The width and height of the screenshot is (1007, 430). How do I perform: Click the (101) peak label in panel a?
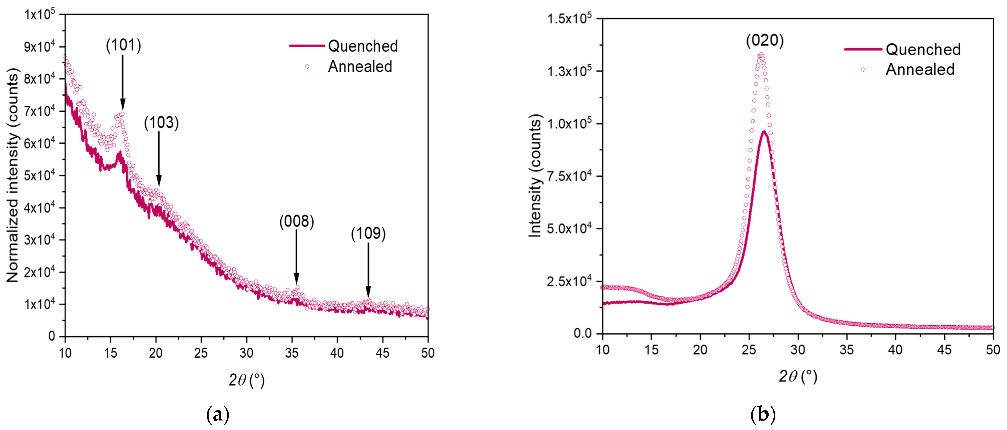click(x=124, y=45)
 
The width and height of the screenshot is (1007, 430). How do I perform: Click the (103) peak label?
click(x=161, y=123)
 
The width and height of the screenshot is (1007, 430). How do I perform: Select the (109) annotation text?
click(x=368, y=234)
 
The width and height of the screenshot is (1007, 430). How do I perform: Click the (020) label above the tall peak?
click(x=765, y=41)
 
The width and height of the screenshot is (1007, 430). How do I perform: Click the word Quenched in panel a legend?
click(x=363, y=46)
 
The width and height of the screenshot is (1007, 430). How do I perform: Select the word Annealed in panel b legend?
click(x=920, y=70)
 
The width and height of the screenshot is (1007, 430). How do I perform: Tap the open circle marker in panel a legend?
click(x=307, y=67)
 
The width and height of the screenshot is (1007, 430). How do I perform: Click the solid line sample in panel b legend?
click(x=863, y=49)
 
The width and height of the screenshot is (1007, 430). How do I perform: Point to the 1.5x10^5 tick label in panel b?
click(x=569, y=18)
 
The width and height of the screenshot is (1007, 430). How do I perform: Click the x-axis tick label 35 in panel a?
click(x=292, y=353)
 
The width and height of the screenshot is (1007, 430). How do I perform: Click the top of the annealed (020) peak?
click(x=761, y=54)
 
